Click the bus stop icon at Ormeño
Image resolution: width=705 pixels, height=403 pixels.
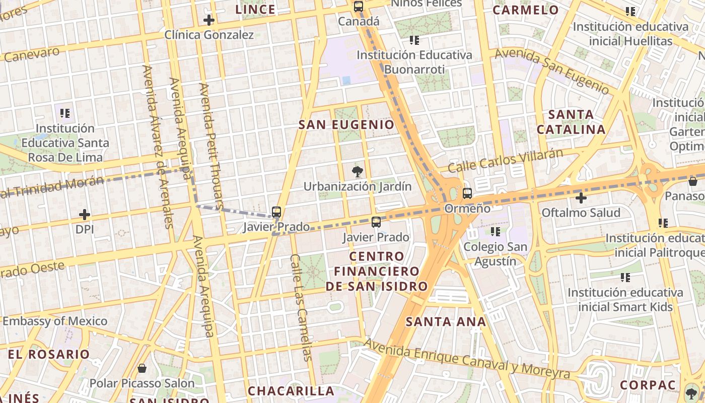[x=467, y=193]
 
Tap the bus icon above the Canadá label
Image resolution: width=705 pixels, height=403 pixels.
[x=358, y=7]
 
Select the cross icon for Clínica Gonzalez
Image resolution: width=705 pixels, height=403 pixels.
[x=209, y=20]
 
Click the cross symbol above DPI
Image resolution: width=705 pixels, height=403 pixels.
[x=85, y=215]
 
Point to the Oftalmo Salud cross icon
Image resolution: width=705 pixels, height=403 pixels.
[x=581, y=198]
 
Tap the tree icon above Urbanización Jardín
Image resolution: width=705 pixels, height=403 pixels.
[x=358, y=172]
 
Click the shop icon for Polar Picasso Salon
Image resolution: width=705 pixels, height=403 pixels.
[x=142, y=368]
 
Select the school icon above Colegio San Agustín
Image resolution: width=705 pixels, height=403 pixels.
[x=496, y=232]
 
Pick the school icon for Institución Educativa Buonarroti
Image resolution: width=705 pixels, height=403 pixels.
[x=414, y=40]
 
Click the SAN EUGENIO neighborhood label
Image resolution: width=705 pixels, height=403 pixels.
[x=346, y=124]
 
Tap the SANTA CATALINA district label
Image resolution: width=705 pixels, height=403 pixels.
[x=571, y=122]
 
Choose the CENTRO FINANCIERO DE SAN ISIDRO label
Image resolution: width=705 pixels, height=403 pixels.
[x=377, y=272]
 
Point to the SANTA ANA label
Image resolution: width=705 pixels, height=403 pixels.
[x=446, y=321]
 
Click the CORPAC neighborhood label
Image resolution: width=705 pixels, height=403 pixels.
[x=648, y=385]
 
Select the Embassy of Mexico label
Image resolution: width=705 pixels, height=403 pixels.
[x=55, y=321]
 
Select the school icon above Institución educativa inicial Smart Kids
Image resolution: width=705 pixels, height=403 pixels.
[x=625, y=277]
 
